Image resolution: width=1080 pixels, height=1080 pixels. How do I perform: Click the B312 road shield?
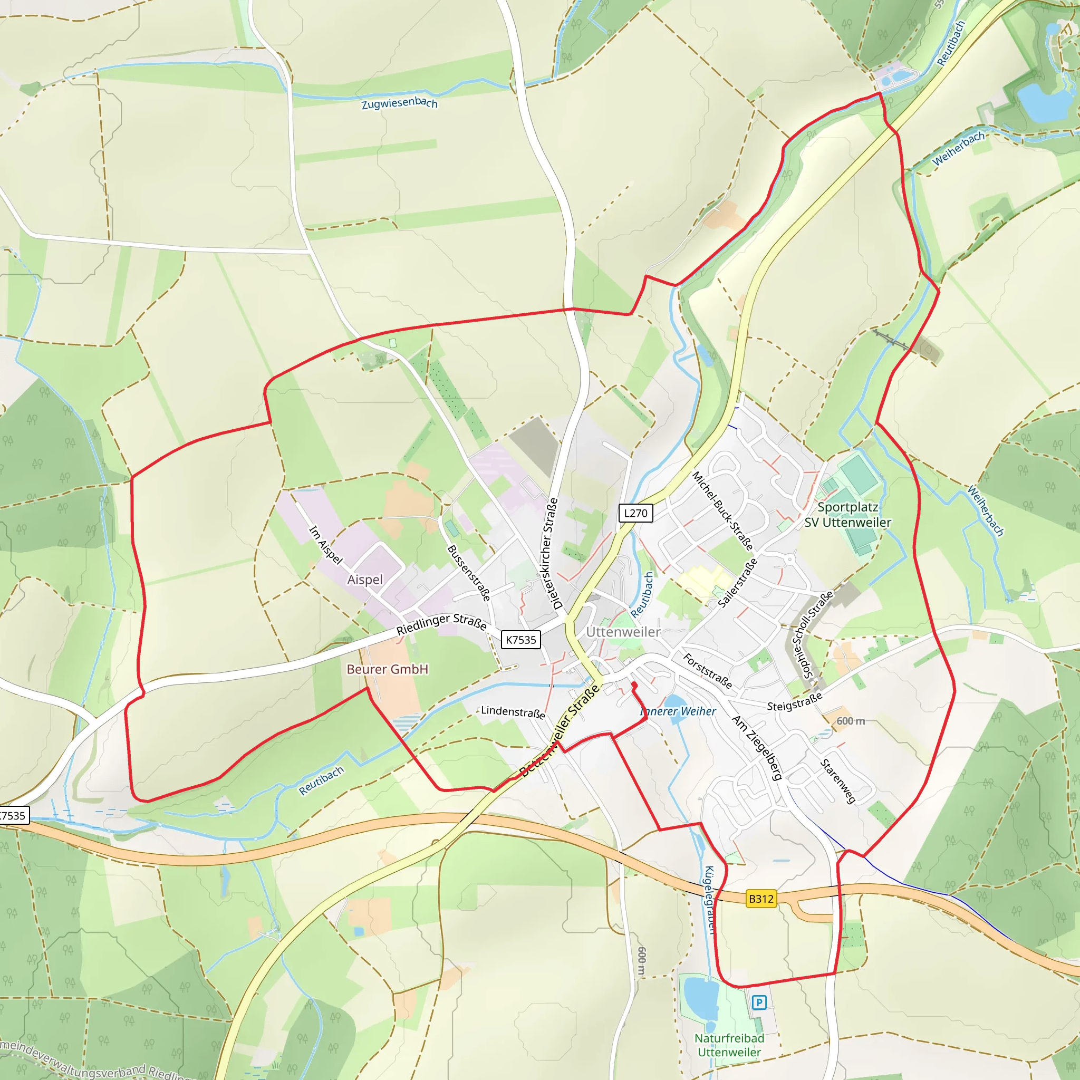(x=761, y=899)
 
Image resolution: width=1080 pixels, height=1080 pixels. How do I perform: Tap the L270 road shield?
(x=635, y=513)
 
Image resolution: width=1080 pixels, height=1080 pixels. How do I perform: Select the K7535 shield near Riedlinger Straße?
(x=520, y=640)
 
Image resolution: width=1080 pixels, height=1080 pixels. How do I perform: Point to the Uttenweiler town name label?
(x=623, y=632)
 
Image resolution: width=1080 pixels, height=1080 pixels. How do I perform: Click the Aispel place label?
(x=365, y=580)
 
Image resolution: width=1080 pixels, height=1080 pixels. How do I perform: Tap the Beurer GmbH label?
(x=388, y=669)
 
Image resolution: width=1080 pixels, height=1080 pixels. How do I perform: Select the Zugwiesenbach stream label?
(x=399, y=103)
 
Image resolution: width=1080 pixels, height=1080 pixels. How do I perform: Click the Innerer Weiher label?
(x=678, y=711)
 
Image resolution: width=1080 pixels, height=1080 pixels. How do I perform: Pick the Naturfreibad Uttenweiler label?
(x=729, y=1045)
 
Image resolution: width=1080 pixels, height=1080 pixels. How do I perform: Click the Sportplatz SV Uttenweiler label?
(x=847, y=515)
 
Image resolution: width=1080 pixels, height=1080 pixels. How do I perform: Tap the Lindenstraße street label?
(x=513, y=712)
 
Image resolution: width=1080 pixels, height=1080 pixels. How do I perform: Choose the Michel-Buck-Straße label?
(x=723, y=511)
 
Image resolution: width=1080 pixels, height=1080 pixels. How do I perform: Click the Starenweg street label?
(x=837, y=781)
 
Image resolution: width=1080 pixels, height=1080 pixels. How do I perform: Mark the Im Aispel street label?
(x=326, y=544)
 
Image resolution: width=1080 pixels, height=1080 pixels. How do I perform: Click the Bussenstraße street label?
(x=469, y=573)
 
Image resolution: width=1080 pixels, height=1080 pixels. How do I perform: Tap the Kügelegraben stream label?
(x=709, y=900)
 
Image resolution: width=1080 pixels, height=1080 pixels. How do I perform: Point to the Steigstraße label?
(x=794, y=701)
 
